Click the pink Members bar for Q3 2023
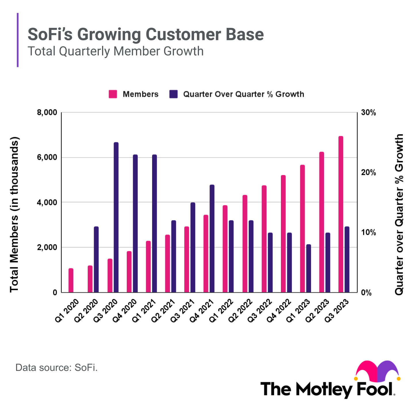click(341, 214)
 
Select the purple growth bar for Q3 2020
click(116, 217)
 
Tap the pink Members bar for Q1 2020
click(71, 280)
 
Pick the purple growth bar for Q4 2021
click(212, 239)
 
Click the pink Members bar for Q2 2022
click(245, 244)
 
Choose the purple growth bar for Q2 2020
click(96, 259)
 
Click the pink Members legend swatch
click(113, 94)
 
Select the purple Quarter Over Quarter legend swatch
click(173, 94)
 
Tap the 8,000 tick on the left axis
click(47, 112)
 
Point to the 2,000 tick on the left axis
click(47, 248)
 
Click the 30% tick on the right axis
click(368, 113)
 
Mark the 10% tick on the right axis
click(368, 233)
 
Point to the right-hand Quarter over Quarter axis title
click(399, 214)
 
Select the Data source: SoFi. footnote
click(57, 368)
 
